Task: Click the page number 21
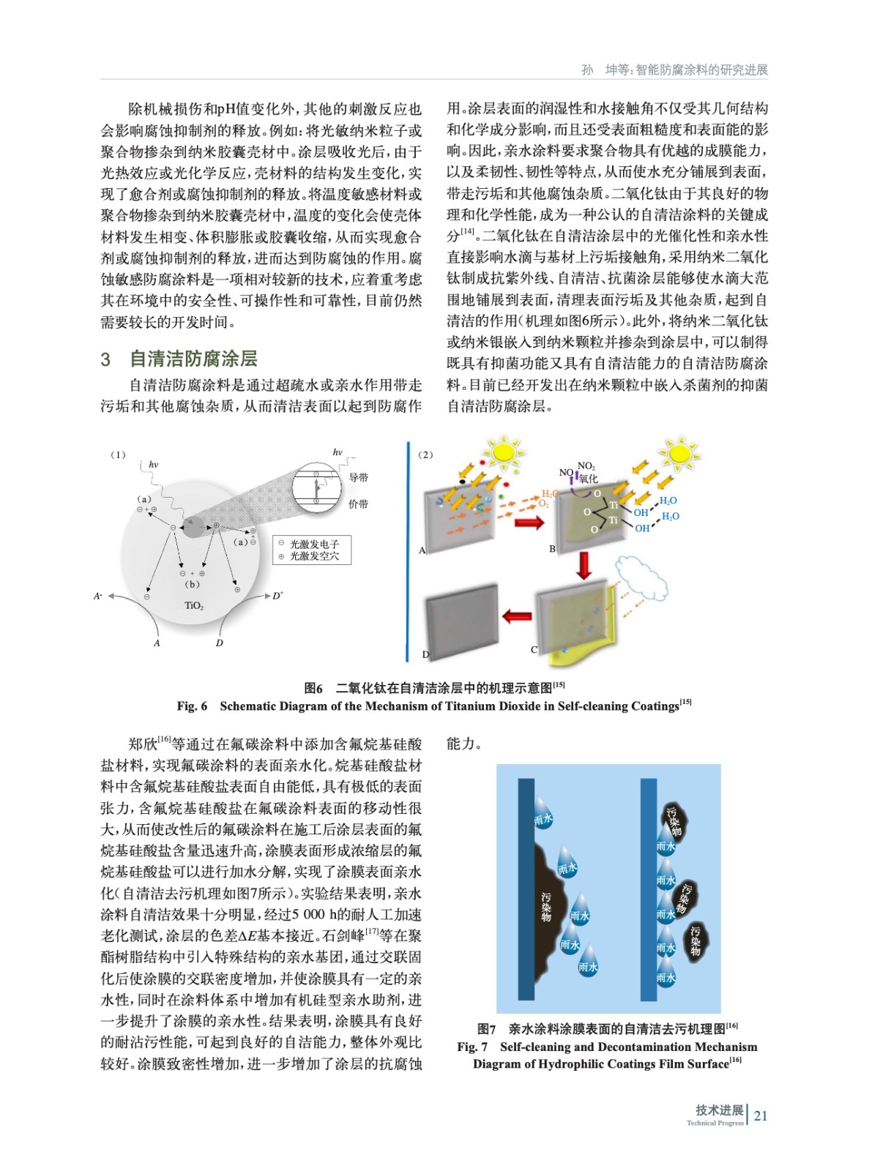click(x=761, y=1115)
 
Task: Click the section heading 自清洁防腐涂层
click(x=193, y=359)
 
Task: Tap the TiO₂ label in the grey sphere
click(x=194, y=605)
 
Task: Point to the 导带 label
click(x=359, y=477)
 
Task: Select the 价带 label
click(x=359, y=504)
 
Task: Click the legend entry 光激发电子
click(x=314, y=544)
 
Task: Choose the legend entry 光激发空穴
click(x=314, y=556)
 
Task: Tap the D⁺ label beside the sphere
click(x=278, y=596)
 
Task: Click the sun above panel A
click(x=503, y=452)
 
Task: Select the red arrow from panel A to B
click(x=530, y=522)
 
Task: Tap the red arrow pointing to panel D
click(x=517, y=616)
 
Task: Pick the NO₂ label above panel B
click(x=586, y=466)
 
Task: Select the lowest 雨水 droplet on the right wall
click(x=665, y=976)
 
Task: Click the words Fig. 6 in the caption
click(x=192, y=706)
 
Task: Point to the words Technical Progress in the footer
click(x=715, y=1123)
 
